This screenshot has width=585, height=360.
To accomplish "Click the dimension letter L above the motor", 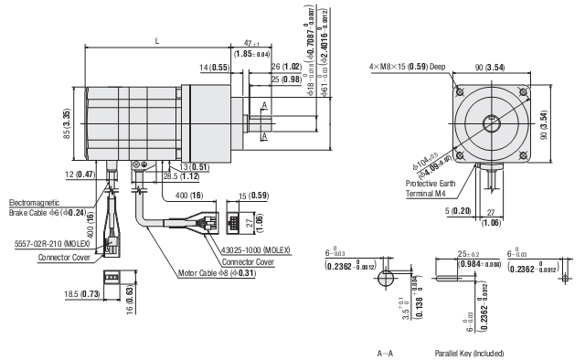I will pyautogui.click(x=157, y=41).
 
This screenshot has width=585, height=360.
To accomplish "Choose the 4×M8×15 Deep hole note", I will pyautogui.click(x=407, y=67).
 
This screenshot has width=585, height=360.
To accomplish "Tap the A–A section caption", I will pyautogui.click(x=385, y=352).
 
